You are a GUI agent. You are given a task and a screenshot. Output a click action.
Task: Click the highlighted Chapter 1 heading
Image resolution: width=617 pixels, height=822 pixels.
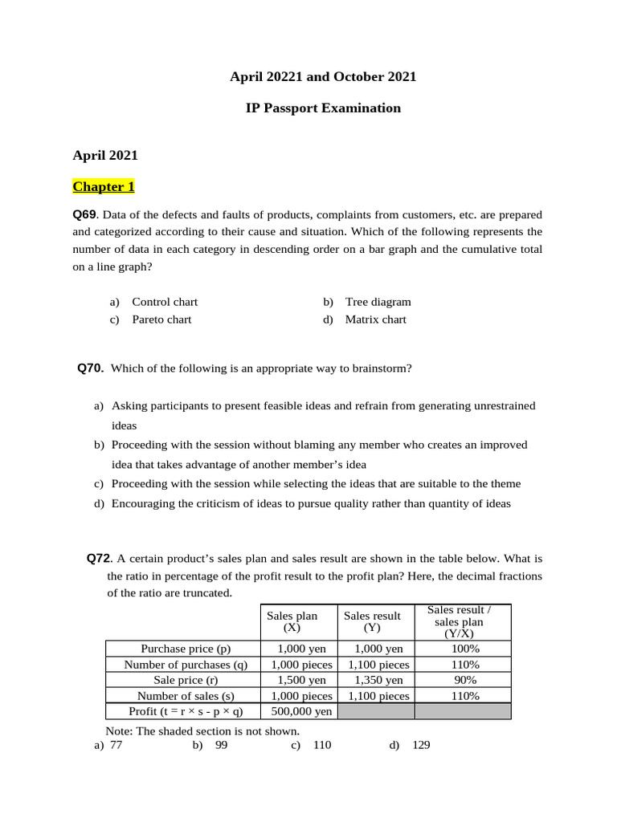coord(104,187)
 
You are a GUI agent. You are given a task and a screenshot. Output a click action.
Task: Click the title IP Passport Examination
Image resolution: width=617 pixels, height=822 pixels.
coord(323,108)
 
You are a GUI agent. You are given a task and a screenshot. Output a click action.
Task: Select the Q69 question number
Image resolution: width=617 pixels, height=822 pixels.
coord(84,214)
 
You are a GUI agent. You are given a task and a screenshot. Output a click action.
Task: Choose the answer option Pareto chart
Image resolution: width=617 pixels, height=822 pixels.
coord(161,319)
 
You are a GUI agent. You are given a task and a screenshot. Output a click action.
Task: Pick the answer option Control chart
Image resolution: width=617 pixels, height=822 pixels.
coord(165,302)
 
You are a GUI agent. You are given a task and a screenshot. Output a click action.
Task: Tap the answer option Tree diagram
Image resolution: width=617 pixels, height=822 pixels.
coord(378,302)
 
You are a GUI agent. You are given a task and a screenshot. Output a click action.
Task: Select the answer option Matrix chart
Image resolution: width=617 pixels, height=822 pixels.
coord(375,319)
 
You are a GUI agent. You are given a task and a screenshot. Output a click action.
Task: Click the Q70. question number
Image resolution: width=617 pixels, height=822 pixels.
coord(91,368)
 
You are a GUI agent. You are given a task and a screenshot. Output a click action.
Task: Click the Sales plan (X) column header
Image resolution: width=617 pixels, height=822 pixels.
coord(292,622)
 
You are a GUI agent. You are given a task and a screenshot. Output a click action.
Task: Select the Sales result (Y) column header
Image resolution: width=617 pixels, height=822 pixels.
coord(372,622)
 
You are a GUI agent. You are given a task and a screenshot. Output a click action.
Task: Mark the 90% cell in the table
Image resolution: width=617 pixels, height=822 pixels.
coord(465,680)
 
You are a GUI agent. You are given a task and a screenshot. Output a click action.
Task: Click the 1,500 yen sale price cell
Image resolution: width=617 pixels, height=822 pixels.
coord(299,680)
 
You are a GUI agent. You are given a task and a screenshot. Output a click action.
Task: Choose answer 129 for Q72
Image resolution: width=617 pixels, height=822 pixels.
coord(420,745)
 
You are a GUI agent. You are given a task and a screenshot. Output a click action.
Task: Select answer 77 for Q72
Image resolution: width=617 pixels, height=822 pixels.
coord(116,745)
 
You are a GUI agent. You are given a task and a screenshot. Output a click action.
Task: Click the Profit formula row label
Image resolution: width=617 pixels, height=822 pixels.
coord(186,711)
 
